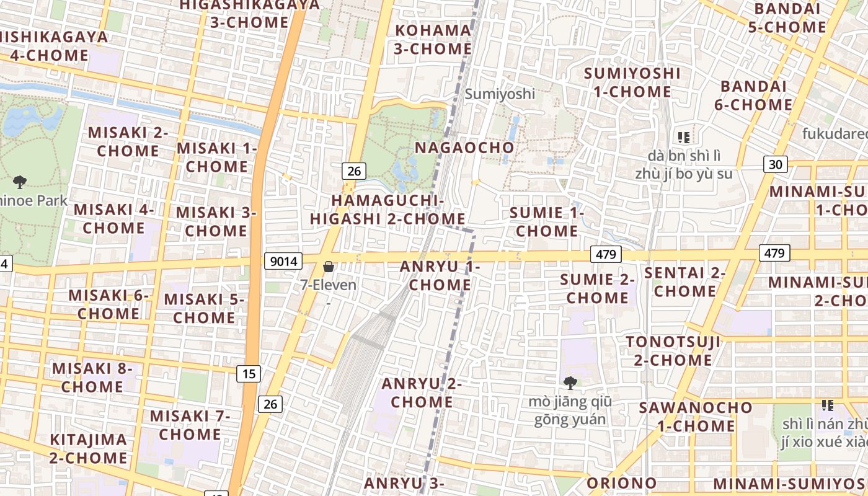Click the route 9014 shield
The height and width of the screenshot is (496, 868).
(x=283, y=261)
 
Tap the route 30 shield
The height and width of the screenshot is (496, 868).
(x=776, y=164)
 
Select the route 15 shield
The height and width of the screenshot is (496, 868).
(x=249, y=373)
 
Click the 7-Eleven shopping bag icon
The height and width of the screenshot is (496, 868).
(x=329, y=267)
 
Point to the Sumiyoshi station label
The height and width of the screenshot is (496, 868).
(x=500, y=94)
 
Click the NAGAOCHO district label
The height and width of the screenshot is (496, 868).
(x=464, y=148)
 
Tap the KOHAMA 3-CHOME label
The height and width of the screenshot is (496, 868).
(x=433, y=39)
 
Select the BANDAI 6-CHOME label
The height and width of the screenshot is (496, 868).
(x=753, y=95)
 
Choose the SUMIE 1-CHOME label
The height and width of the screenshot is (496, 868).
(x=547, y=222)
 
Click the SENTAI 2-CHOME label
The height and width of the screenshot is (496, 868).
(x=685, y=281)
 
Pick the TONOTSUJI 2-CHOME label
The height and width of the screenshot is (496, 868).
(x=673, y=350)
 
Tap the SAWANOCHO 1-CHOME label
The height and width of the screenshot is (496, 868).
(x=696, y=417)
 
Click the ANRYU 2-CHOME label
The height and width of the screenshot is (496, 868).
(x=422, y=392)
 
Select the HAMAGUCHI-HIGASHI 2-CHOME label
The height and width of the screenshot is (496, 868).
(x=387, y=210)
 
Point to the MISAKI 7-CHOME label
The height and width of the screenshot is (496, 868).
(x=190, y=425)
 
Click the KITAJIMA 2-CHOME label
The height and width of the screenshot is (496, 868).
(x=89, y=449)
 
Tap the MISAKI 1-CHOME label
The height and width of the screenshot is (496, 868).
(x=217, y=157)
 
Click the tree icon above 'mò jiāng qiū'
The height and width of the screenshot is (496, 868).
(x=570, y=383)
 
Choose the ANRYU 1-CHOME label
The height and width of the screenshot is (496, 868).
(x=440, y=275)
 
